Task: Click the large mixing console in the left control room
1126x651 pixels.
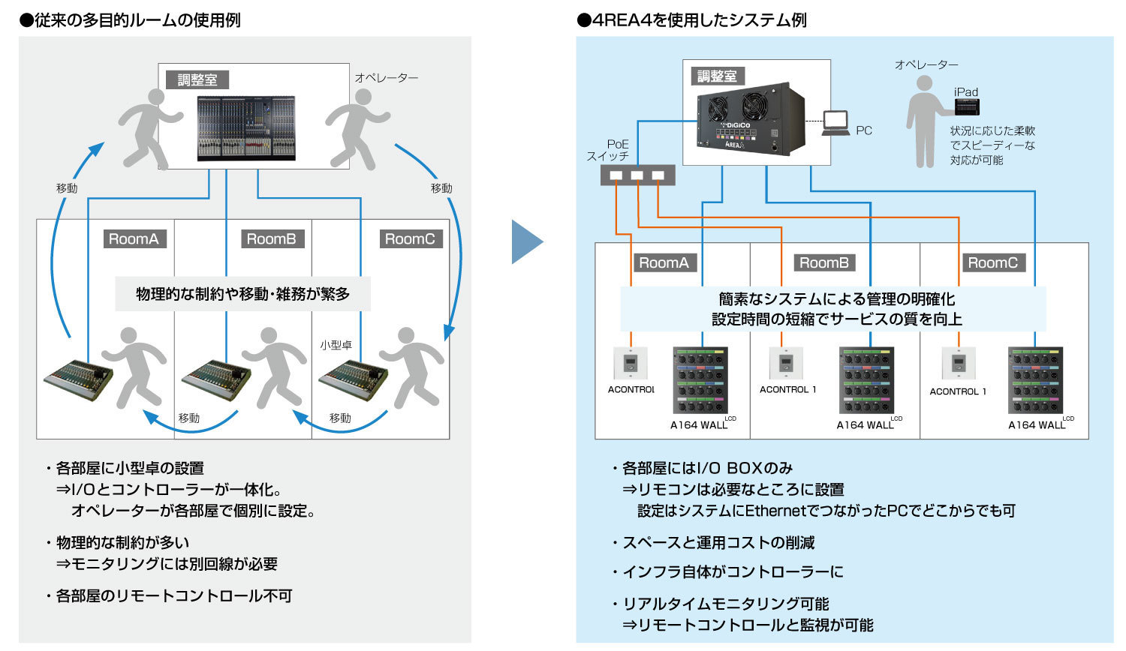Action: point(246,127)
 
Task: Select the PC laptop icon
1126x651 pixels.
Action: point(835,123)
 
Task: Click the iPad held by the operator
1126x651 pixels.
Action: point(967,106)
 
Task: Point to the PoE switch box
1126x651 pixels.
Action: point(637,175)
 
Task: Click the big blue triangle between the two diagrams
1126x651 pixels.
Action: point(526,241)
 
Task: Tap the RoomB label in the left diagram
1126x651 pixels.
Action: point(271,239)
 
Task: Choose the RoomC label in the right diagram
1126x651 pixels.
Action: point(992,263)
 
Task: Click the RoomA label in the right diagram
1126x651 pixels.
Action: point(664,263)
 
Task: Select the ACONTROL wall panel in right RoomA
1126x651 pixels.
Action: point(631,364)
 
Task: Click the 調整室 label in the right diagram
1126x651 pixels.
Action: point(717,76)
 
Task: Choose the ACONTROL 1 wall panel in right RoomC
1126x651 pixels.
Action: point(959,364)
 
